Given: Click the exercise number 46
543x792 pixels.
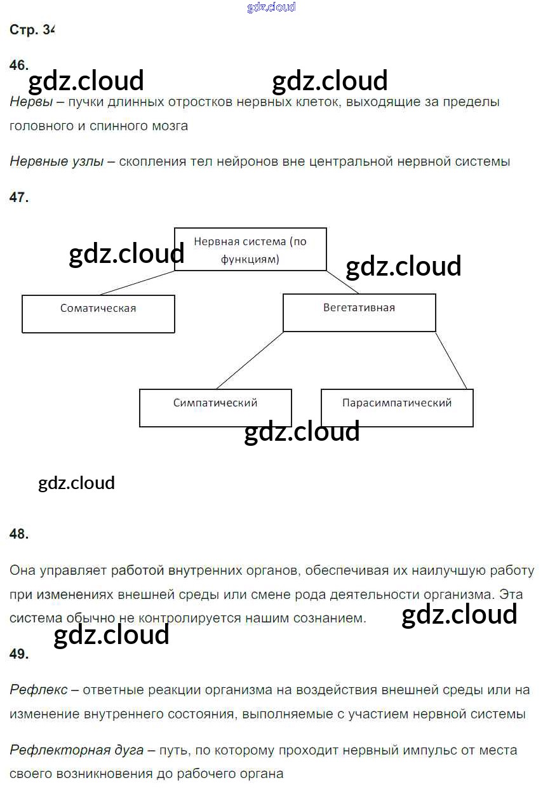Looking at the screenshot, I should pyautogui.click(x=19, y=65).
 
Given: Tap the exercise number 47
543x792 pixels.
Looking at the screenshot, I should pyautogui.click(x=19, y=198).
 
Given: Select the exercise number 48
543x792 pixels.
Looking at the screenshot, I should pyautogui.click(x=19, y=535).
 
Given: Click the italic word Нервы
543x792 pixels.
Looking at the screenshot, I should pyautogui.click(x=31, y=102).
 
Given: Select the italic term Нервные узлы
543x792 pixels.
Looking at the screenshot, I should pyautogui.click(x=57, y=161).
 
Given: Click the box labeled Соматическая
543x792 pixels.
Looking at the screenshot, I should pyautogui.click(x=98, y=314).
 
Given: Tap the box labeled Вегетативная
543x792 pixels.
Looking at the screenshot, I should pyautogui.click(x=359, y=312).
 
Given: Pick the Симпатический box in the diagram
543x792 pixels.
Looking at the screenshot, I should pyautogui.click(x=215, y=408).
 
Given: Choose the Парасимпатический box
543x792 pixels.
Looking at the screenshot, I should pyautogui.click(x=397, y=408).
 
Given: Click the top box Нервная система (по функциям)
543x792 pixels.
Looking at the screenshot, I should pyautogui.click(x=250, y=249).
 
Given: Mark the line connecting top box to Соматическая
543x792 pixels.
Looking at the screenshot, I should pyautogui.click(x=137, y=283).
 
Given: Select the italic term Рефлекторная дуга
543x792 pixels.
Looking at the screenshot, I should pyautogui.click(x=76, y=750).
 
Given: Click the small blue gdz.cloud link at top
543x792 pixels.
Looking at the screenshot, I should pyautogui.click(x=271, y=8).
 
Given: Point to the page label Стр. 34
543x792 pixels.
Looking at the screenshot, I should pyautogui.click(x=32, y=30).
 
